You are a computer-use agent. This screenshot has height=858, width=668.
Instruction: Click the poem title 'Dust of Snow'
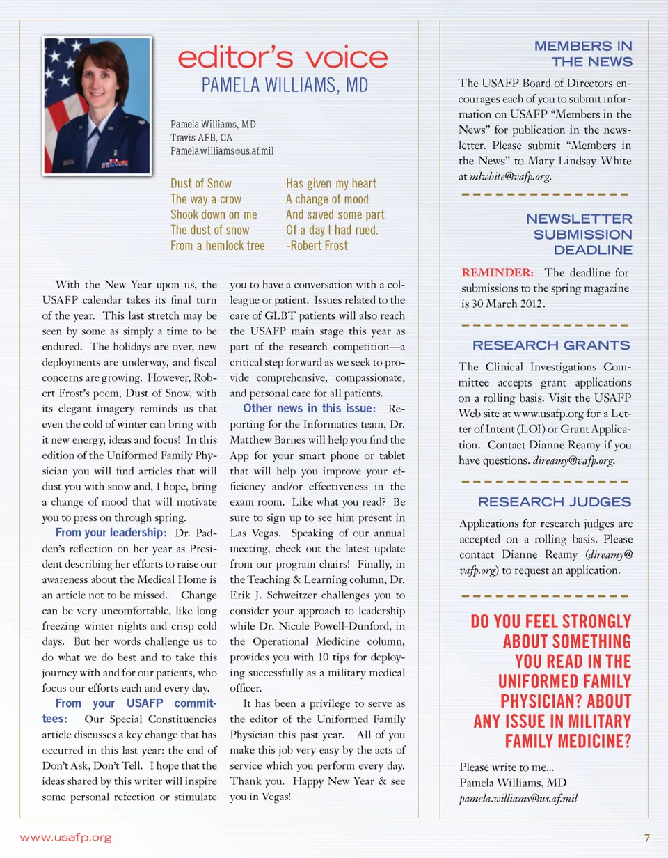[201, 183]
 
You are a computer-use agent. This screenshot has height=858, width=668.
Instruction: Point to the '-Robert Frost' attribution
[317, 245]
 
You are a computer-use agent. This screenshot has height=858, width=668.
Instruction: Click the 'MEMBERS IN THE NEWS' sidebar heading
[583, 54]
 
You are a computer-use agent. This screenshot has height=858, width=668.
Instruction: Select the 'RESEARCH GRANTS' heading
[552, 345]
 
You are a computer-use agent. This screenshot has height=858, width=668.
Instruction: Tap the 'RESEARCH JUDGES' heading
[555, 501]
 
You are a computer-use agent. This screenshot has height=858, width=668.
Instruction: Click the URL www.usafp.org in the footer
[65, 837]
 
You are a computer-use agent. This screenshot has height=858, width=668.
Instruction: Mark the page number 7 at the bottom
[646, 837]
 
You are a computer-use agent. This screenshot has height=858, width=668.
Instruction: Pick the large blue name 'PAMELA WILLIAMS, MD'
[285, 86]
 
